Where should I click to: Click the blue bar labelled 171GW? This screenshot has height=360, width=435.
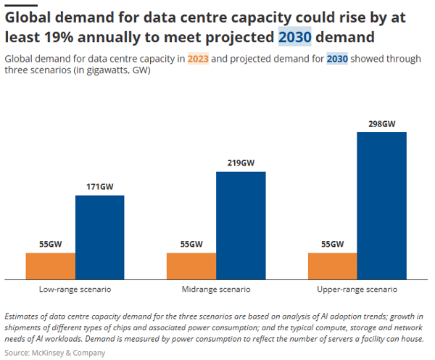pos(100,237)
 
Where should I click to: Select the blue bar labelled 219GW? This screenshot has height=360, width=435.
pos(241,225)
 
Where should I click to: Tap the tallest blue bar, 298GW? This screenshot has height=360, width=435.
pos(382,205)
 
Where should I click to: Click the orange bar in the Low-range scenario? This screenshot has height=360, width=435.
pos(51,265)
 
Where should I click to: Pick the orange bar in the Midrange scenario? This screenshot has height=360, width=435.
pos(191,265)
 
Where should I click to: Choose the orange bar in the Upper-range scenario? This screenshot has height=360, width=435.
pos(333,265)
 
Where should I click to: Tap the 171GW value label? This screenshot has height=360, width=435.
pos(100,187)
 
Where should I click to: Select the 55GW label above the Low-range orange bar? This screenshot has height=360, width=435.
pos(51,245)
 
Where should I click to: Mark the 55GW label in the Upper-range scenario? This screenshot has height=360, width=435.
pos(333,245)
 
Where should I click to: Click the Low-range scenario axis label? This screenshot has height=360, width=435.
pos(75,289)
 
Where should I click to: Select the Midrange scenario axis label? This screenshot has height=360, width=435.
pos(215,289)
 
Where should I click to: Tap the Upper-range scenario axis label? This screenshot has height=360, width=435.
pos(357,289)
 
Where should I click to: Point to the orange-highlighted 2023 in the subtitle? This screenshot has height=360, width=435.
pos(198,59)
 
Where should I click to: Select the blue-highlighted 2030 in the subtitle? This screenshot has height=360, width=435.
pos(337,59)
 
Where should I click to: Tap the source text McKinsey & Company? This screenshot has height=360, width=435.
pos(67,353)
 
